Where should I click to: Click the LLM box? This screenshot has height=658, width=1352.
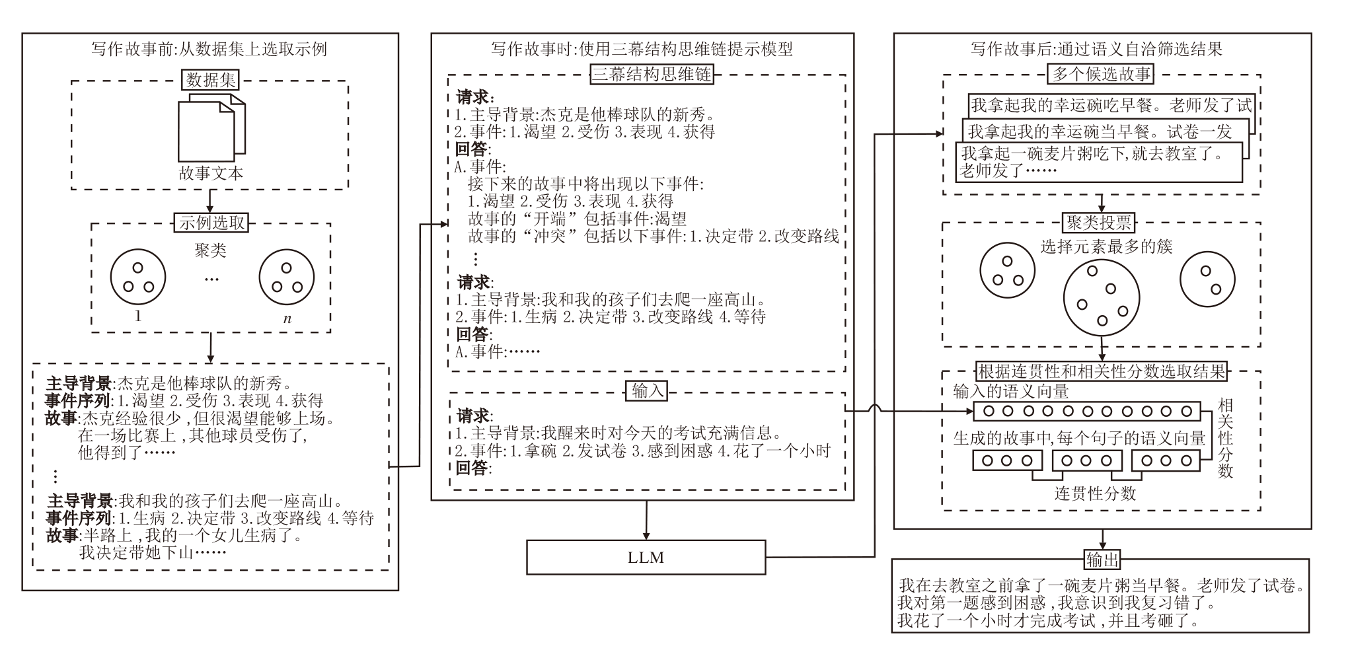[646, 557]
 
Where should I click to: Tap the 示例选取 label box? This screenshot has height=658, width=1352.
[211, 223]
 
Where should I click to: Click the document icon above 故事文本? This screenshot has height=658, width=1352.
[211, 128]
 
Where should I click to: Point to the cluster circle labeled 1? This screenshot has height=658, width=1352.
[138, 277]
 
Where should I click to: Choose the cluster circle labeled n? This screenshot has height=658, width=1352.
[286, 277]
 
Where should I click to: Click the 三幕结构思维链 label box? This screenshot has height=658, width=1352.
[652, 73]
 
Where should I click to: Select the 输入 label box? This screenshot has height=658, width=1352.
[647, 391]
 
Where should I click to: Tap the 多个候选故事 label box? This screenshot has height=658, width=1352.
[1101, 73]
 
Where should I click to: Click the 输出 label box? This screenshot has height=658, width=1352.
[1102, 560]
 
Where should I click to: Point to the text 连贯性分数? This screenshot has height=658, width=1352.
[1095, 493]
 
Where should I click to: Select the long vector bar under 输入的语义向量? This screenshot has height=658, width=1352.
[1086, 411]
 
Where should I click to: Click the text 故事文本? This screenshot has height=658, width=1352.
[211, 173]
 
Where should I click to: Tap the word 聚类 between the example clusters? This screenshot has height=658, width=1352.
[210, 250]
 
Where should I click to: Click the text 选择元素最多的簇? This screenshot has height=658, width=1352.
[1106, 247]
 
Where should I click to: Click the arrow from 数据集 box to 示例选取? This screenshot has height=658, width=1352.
[210, 200]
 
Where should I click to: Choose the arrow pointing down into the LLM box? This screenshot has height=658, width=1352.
[646, 520]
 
